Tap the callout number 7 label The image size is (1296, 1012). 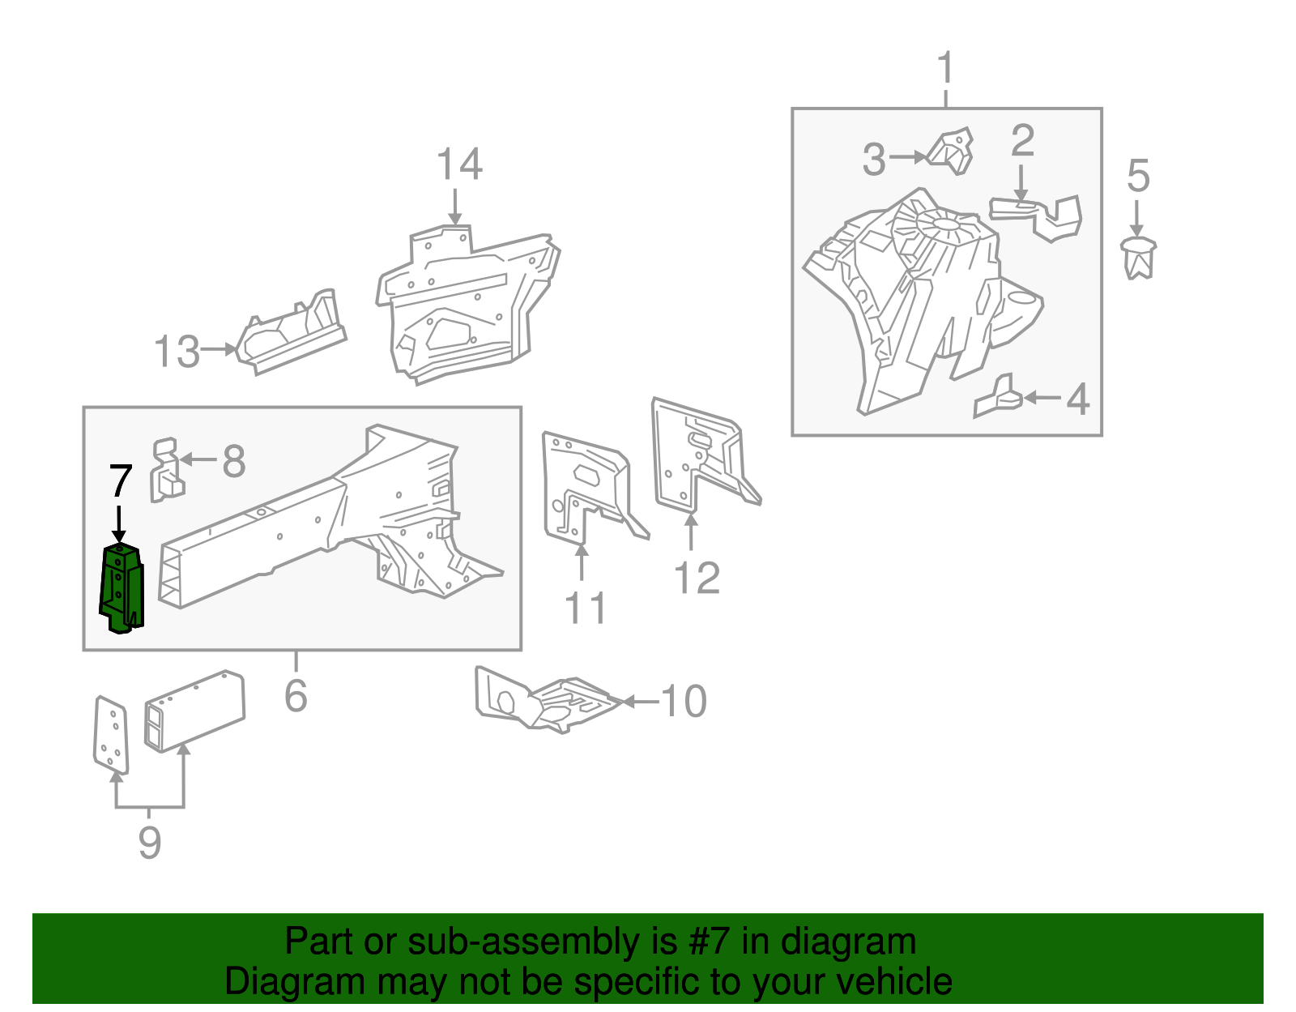click(x=120, y=482)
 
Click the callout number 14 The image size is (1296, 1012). click(x=459, y=165)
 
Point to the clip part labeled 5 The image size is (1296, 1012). click(x=1139, y=258)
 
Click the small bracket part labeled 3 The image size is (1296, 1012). click(x=951, y=152)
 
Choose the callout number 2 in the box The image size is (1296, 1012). click(x=1022, y=141)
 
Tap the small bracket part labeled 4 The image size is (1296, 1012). click(x=998, y=396)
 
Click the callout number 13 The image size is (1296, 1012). click(x=177, y=352)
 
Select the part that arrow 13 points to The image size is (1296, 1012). click(x=292, y=332)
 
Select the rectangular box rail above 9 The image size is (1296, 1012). click(x=194, y=711)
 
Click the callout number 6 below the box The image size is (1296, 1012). click(x=296, y=695)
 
